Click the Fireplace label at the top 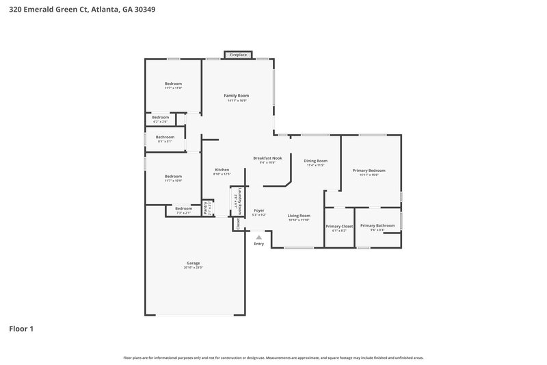[x=238, y=54]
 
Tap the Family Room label [x=237, y=96]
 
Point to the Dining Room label [x=316, y=161]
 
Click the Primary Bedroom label [x=369, y=171]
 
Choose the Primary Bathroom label [x=377, y=225]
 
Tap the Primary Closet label [x=339, y=226]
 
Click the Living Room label [x=298, y=216]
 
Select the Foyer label [x=259, y=210]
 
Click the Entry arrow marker [x=258, y=237]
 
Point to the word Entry [x=258, y=244]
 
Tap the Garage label [x=194, y=263]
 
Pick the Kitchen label [x=222, y=170]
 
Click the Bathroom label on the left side [x=165, y=137]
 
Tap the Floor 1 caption [x=21, y=329]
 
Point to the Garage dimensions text [x=194, y=268]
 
